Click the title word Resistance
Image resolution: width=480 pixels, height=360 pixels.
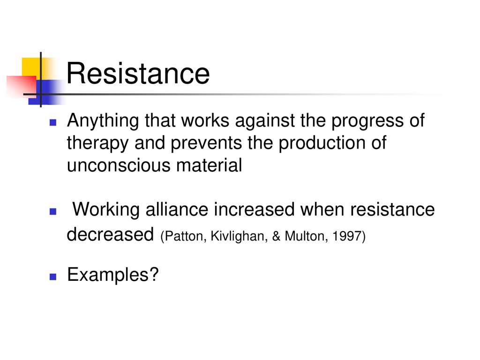click(x=138, y=74)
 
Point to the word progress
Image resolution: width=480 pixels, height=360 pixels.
click(x=367, y=121)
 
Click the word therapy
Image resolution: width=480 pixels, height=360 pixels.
click(x=97, y=144)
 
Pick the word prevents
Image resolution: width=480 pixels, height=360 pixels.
click(x=206, y=144)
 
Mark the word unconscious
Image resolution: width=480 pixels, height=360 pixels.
click(x=119, y=165)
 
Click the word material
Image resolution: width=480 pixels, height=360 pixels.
click(x=209, y=165)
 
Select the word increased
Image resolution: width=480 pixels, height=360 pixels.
click(x=254, y=210)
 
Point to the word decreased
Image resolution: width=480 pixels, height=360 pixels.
click(x=110, y=234)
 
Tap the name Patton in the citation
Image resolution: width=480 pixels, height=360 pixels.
click(x=183, y=236)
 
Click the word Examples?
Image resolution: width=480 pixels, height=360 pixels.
click(x=113, y=275)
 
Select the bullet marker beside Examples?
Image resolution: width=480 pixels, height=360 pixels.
click(x=53, y=277)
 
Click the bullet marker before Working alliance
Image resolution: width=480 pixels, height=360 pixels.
click(x=53, y=211)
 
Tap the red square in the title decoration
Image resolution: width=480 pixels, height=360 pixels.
click(x=22, y=86)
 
